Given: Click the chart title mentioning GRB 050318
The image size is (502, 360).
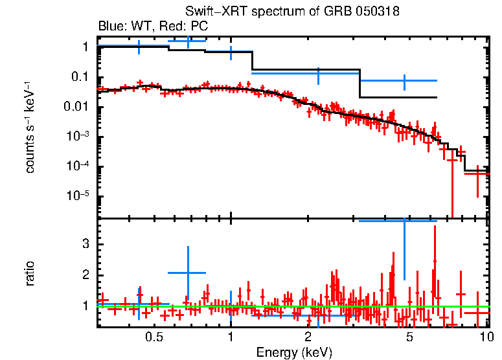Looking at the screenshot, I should [x=292, y=12].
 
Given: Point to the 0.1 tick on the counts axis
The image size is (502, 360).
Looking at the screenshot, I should [x=80, y=77].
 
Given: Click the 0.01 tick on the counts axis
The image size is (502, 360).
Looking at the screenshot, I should [x=76, y=107].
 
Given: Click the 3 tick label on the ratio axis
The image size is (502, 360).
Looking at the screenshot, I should [x=84, y=244].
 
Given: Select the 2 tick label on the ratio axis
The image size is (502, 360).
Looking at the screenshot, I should [x=84, y=275].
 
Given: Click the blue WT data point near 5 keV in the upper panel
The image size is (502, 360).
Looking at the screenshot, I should [x=404, y=81].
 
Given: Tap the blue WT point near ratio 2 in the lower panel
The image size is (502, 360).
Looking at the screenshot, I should [x=187, y=273].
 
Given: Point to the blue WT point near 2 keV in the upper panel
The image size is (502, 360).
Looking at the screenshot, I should [x=319, y=73].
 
